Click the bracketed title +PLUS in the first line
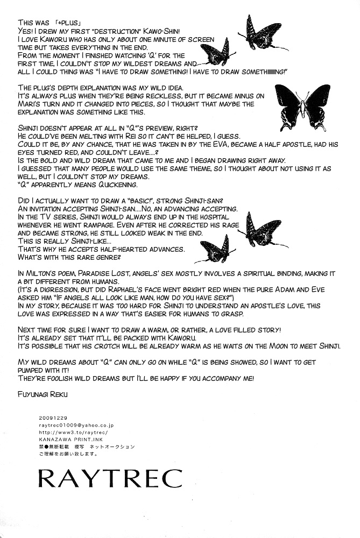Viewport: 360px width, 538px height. pyautogui.click(x=70, y=23)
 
